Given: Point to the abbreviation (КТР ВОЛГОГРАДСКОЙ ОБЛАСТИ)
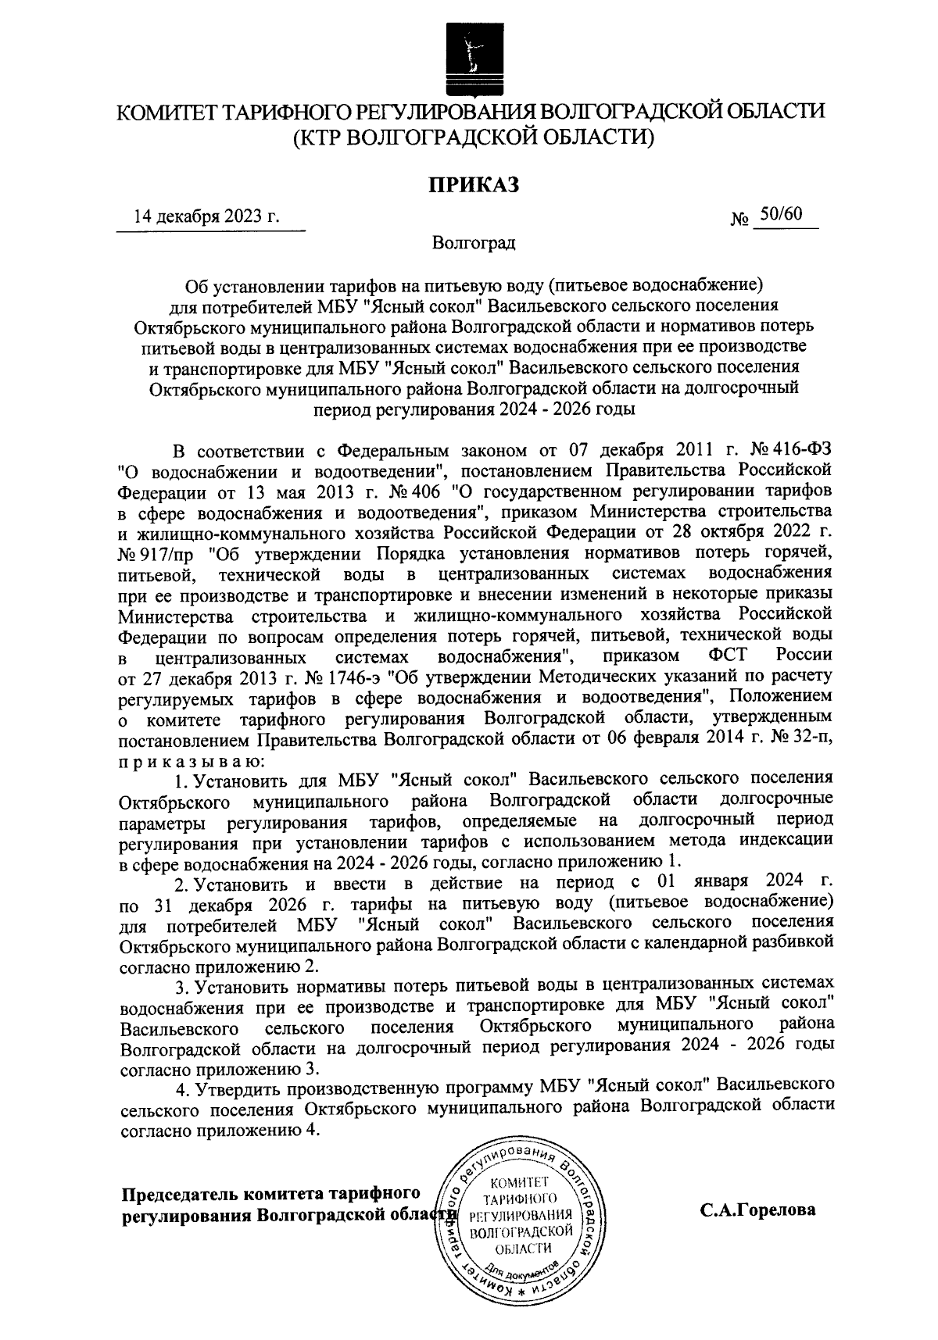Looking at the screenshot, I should pyautogui.click(x=473, y=138).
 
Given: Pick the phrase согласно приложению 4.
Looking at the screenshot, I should pyautogui.click(x=221, y=1130).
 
